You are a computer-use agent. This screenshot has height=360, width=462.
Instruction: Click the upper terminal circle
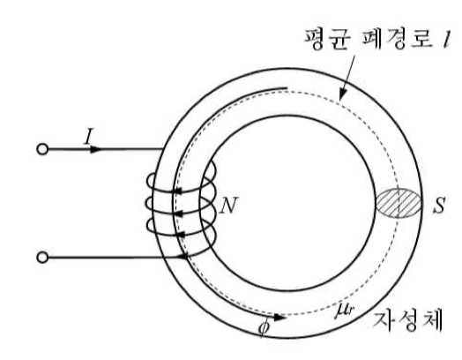pyautogui.click(x=42, y=149)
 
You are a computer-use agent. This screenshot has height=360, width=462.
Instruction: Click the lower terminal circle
pyautogui.click(x=42, y=258)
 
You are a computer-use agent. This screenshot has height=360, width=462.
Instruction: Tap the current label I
pyautogui.click(x=87, y=137)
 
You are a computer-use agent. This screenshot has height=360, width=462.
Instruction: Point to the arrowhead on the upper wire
pyautogui.click(x=95, y=149)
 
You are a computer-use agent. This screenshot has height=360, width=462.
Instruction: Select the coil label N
pyautogui.click(x=229, y=205)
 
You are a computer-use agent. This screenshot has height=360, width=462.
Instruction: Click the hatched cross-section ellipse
pyautogui.click(x=399, y=204)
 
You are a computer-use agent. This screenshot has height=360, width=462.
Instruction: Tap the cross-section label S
pyautogui.click(x=439, y=205)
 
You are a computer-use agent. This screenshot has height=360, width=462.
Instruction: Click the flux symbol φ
pyautogui.click(x=264, y=328)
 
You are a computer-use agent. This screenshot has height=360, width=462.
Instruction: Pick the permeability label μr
pyautogui.click(x=344, y=311)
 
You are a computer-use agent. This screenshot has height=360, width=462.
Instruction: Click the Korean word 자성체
pyautogui.click(x=407, y=321)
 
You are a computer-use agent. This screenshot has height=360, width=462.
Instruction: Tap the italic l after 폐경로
pyautogui.click(x=445, y=40)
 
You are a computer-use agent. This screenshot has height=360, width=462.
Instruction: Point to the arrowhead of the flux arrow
pyautogui.click(x=279, y=318)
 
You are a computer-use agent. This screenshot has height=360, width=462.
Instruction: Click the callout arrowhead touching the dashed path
pyautogui.click(x=342, y=96)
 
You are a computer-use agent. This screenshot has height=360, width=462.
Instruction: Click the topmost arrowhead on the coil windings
pyautogui.click(x=177, y=192)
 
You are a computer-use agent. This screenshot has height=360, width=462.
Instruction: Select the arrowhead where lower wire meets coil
pyautogui.click(x=183, y=257)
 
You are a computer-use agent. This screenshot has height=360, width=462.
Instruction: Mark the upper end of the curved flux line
pyautogui.click(x=287, y=87)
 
